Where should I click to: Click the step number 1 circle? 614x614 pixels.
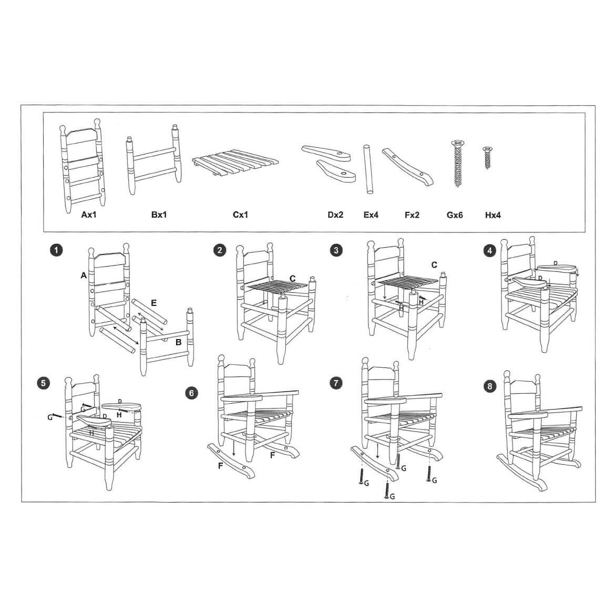click(56, 250)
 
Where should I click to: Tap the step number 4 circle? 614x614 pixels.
click(490, 251)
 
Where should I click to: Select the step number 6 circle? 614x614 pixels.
click(191, 393)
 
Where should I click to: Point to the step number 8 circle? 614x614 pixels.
click(490, 386)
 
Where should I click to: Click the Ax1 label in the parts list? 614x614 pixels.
click(89, 214)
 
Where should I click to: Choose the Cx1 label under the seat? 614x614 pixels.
click(240, 214)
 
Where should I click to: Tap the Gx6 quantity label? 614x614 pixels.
click(455, 215)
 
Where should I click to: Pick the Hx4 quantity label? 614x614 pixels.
click(493, 215)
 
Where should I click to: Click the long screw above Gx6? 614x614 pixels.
click(458, 163)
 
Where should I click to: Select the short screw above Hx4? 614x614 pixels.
click(487, 157)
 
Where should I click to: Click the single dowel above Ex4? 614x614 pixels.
click(368, 169)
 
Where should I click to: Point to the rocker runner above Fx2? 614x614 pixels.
click(407, 167)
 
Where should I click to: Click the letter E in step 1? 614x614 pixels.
click(153, 303)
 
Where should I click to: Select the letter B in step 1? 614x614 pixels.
click(179, 342)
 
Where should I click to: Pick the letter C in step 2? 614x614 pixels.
click(292, 279)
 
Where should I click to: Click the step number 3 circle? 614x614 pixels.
click(336, 250)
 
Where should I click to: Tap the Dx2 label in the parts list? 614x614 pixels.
click(335, 215)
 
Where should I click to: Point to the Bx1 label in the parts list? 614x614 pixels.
click(159, 214)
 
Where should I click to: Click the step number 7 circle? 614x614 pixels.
click(336, 383)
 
